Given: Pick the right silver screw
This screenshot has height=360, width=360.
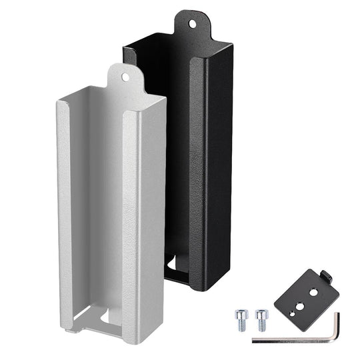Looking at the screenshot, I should click(x=259, y=317).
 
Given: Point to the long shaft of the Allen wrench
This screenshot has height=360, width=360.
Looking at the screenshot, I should click(x=293, y=341).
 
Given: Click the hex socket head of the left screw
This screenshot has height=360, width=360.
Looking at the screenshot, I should click(x=240, y=313).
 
